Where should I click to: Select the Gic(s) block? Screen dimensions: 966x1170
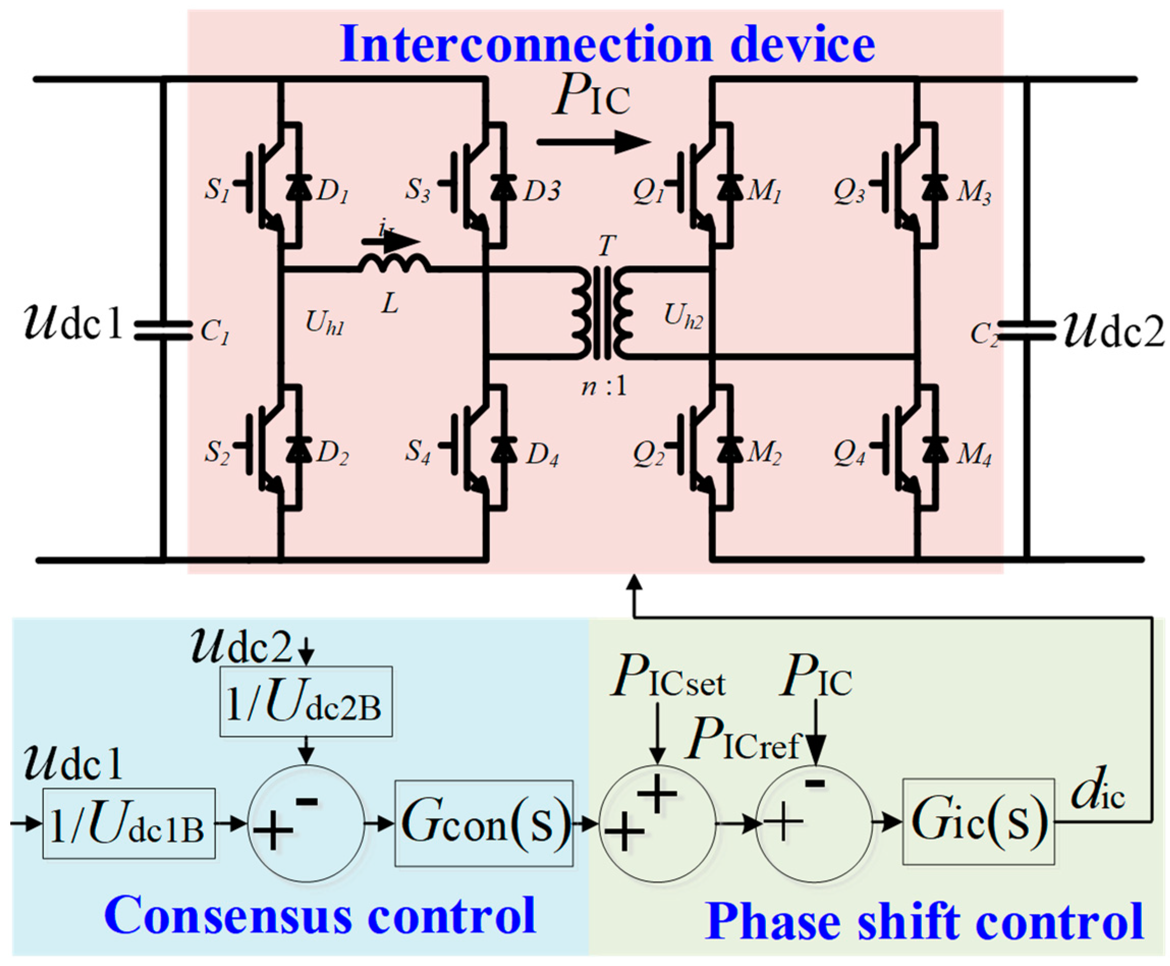tap(978, 822)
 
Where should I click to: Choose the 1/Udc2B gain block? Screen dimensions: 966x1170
tap(305, 702)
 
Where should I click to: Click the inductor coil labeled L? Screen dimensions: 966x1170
tap(395, 264)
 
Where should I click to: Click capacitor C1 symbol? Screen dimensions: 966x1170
tap(162, 330)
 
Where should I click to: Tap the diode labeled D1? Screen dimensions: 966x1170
tap(298, 187)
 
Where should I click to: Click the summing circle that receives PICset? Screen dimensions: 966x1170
tap(657, 823)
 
